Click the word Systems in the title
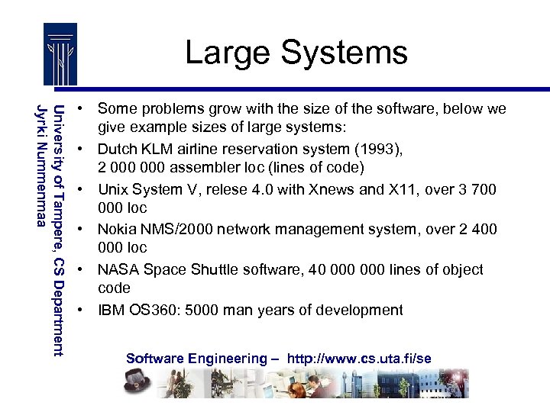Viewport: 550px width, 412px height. (x=344, y=53)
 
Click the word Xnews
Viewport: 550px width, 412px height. (x=339, y=189)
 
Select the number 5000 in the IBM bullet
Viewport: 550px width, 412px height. (x=195, y=310)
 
